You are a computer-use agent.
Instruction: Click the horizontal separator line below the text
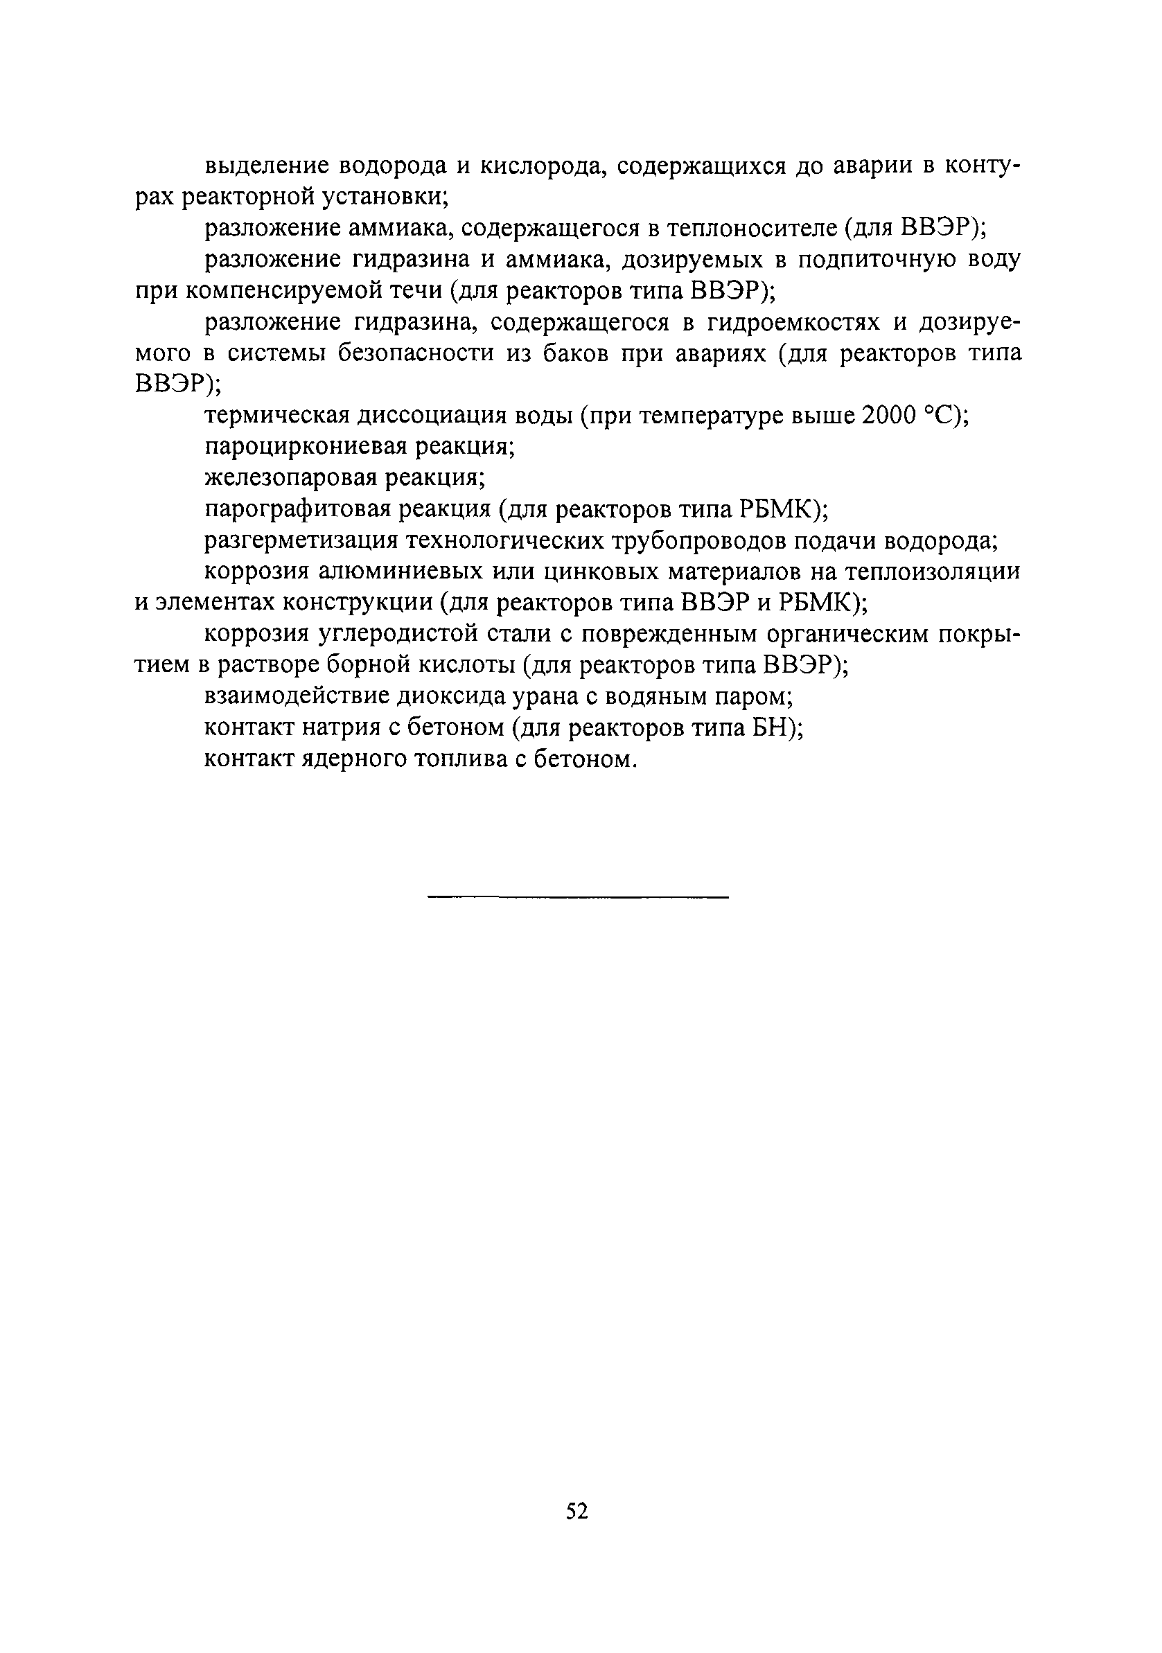pyautogui.click(x=578, y=896)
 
